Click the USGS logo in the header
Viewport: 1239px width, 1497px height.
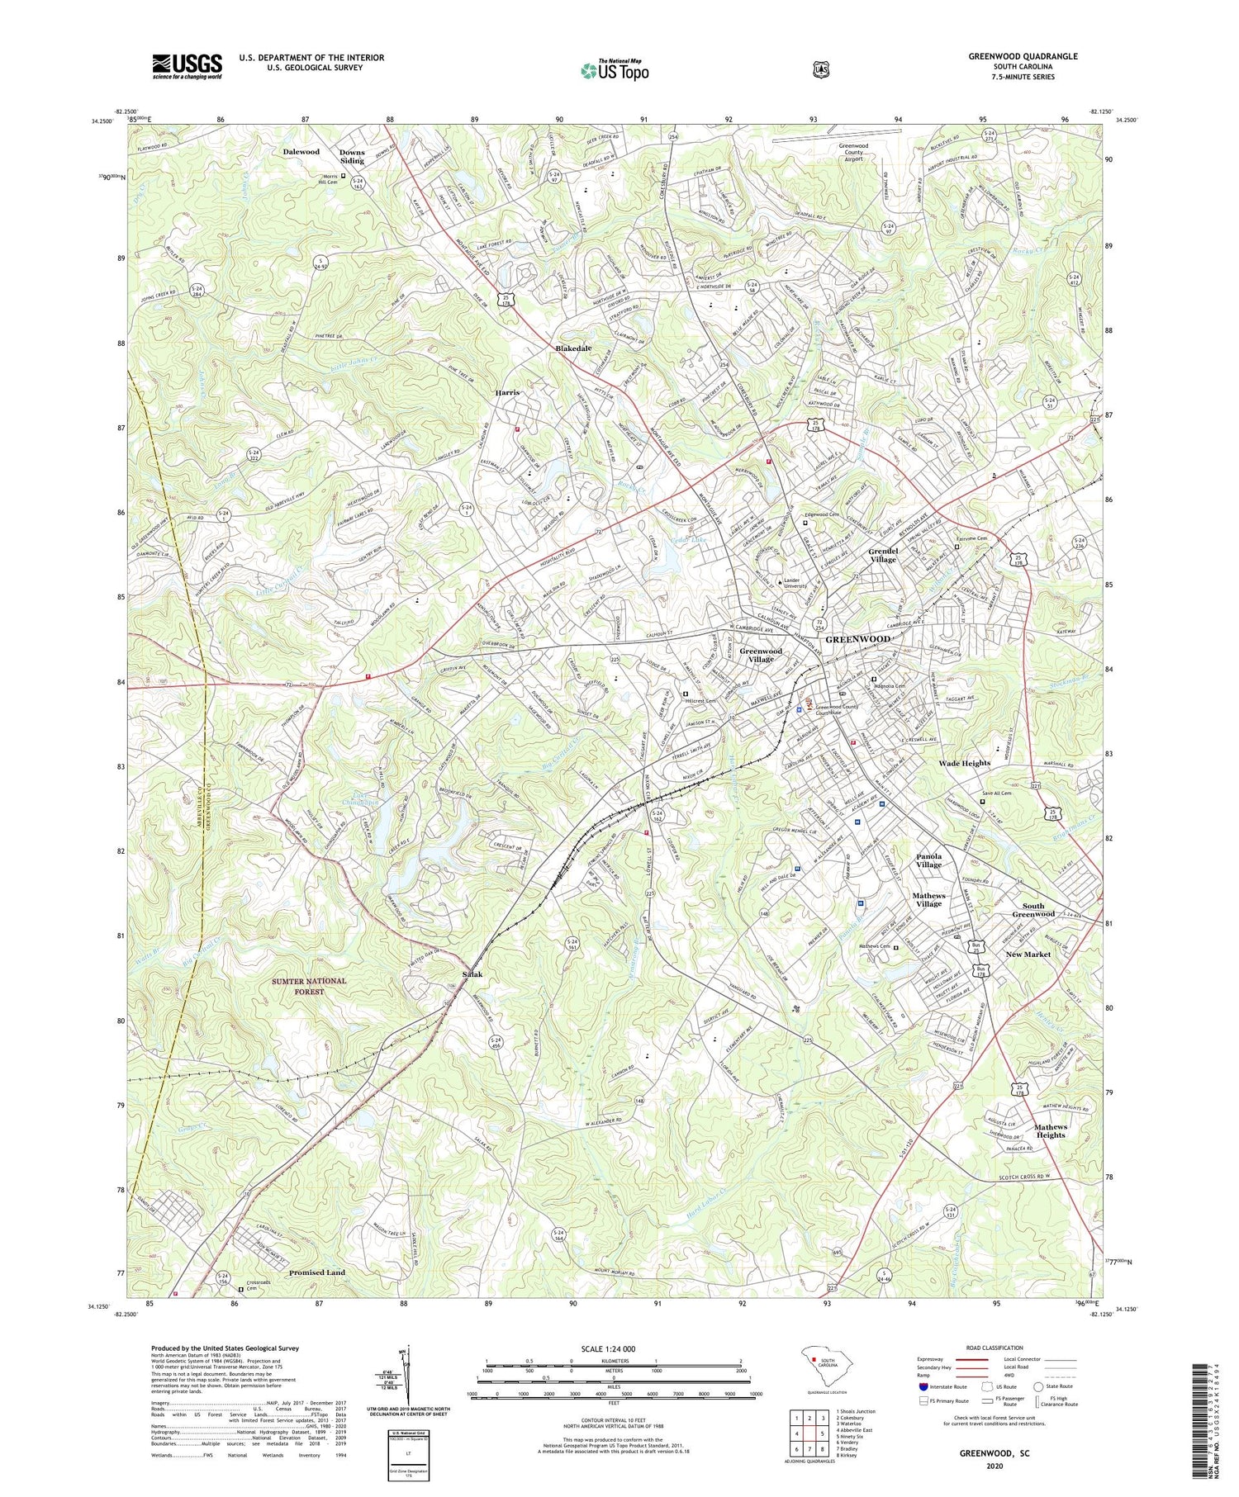click(187, 66)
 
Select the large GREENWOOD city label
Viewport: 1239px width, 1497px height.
click(858, 639)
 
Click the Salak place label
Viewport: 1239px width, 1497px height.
click(472, 974)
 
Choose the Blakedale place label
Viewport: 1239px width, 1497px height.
click(573, 348)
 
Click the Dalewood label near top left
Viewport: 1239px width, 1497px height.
click(301, 152)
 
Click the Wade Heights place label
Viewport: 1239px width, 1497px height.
click(964, 763)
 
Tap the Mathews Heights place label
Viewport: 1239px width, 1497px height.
click(1051, 1130)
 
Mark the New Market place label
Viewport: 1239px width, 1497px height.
click(1028, 954)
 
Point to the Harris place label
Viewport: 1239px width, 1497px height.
click(506, 392)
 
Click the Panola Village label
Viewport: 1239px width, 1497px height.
click(928, 860)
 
